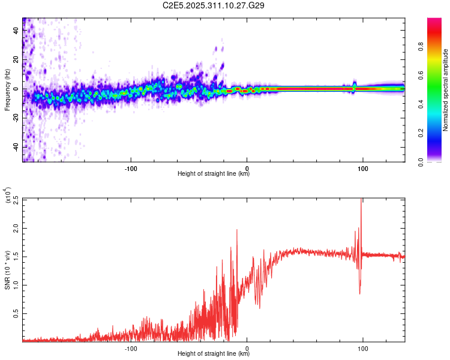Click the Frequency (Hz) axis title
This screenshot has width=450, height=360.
7,89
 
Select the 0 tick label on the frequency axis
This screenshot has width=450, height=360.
16,89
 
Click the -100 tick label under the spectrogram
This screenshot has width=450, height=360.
131,167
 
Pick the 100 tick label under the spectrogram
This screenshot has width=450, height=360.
362,167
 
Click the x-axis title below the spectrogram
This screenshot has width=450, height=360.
214,174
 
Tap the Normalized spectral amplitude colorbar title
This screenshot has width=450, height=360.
445,90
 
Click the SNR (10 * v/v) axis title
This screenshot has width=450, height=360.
7,269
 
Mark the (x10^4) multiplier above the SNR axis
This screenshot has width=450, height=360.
7,196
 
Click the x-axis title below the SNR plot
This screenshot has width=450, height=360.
214,354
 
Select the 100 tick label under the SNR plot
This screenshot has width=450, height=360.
362,347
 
